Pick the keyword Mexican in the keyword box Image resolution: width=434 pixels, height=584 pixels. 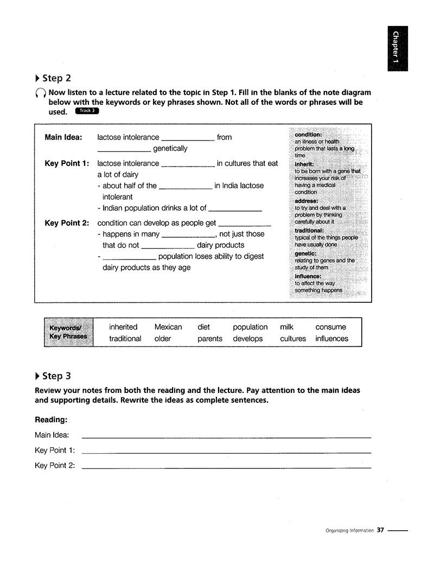(x=168, y=327)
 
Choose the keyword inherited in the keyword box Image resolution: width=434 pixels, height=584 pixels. (x=123, y=327)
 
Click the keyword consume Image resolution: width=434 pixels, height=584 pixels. (x=330, y=327)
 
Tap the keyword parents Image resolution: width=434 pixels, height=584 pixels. (x=210, y=339)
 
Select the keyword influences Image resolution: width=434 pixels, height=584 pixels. (x=331, y=339)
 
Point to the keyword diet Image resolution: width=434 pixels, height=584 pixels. (x=203, y=327)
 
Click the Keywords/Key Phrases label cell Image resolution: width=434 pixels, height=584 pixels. (x=68, y=332)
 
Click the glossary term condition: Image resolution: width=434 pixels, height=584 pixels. (x=308, y=135)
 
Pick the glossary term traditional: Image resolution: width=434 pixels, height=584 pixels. (x=309, y=230)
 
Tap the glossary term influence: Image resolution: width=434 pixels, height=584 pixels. (x=308, y=276)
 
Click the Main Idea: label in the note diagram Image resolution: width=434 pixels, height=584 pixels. (x=63, y=137)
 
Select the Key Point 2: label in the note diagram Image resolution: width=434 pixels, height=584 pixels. (x=67, y=223)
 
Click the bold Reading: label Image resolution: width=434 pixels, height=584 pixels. (x=51, y=420)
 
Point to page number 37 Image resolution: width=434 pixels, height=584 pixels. (x=380, y=530)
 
